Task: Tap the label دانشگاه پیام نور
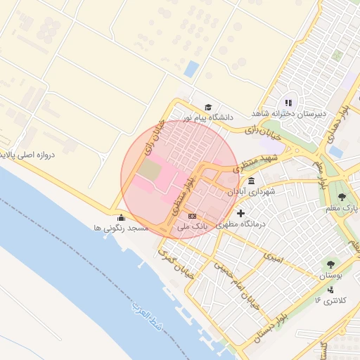(x=209, y=117)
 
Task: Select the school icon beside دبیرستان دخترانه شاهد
(x=288, y=103)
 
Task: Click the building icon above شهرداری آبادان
(x=251, y=181)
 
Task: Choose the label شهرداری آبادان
(x=251, y=191)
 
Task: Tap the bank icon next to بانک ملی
(x=192, y=215)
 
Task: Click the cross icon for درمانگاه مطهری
(x=241, y=213)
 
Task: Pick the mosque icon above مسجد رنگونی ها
(x=122, y=217)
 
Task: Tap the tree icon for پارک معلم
(x=342, y=198)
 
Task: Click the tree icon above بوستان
(x=330, y=265)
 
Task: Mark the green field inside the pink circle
(x=149, y=169)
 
